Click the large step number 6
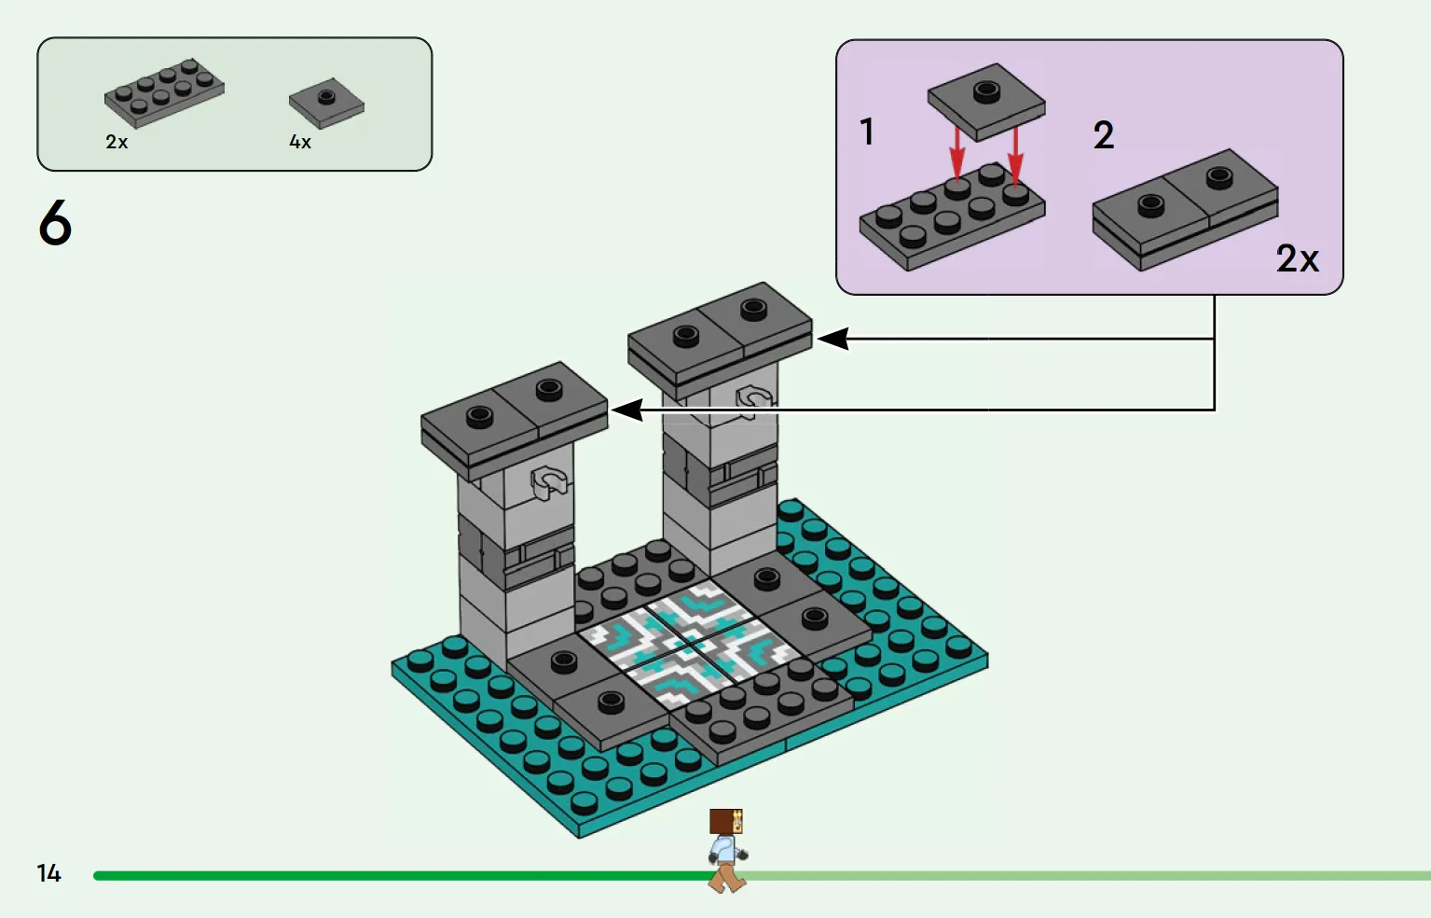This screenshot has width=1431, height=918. pos(55,221)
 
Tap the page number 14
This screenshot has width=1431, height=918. pos(48,873)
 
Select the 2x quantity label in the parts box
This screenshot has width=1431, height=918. pos(117,142)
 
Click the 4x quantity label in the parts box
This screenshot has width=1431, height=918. pos(300,142)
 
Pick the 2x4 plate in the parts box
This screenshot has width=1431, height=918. pos(164,93)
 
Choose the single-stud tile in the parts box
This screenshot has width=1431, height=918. pos(326,104)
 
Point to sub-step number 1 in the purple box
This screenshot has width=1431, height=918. pos(867,132)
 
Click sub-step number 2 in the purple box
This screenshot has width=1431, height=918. pos(1104,135)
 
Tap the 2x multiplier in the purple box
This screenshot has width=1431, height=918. pos(1298,259)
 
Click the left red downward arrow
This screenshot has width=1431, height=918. pos(956,153)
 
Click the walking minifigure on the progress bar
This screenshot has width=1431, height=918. pos(727,851)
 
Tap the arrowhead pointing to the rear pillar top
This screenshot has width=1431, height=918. pos(833,339)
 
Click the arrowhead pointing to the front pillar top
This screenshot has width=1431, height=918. pos(627,410)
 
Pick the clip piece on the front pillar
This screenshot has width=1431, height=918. pos(548,483)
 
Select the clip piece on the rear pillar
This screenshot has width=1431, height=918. pos(754,400)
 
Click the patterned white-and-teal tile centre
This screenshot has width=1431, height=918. pos(691,645)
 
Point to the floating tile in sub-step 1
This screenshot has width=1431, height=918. pos(986,103)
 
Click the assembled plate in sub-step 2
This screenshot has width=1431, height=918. pos(1186,210)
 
